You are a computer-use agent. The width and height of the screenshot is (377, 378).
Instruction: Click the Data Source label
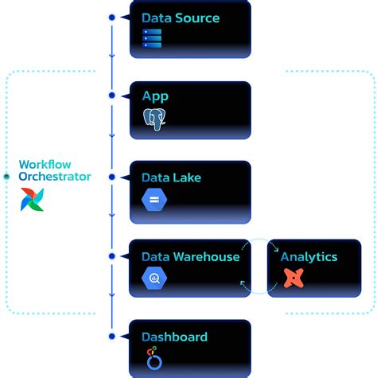coord(181,18)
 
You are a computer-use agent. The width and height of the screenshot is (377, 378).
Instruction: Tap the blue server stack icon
coord(152,39)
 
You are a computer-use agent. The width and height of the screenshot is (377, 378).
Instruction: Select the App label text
coord(155,96)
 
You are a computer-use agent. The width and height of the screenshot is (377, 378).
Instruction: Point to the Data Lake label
coord(171,177)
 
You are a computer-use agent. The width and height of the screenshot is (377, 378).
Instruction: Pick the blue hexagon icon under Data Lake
coord(154,199)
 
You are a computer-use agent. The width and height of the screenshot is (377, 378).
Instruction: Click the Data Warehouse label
coord(190,256)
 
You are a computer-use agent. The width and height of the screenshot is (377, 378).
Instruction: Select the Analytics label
coord(309,256)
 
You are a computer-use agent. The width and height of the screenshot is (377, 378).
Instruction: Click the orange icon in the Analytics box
coord(293,278)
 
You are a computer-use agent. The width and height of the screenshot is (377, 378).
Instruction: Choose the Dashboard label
coord(174,337)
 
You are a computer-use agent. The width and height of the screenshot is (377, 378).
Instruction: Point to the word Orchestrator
coord(55,177)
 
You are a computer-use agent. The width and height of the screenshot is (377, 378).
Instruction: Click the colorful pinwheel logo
coord(33,199)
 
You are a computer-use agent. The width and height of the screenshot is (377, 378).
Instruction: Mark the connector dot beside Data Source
coord(112,17)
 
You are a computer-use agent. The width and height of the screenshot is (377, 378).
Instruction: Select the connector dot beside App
coord(112,95)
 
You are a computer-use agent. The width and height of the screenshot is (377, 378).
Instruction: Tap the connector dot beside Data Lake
coord(112,176)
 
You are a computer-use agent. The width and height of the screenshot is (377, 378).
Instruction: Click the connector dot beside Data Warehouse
coord(112,255)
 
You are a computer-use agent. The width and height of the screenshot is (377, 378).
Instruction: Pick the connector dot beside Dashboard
coord(112,335)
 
